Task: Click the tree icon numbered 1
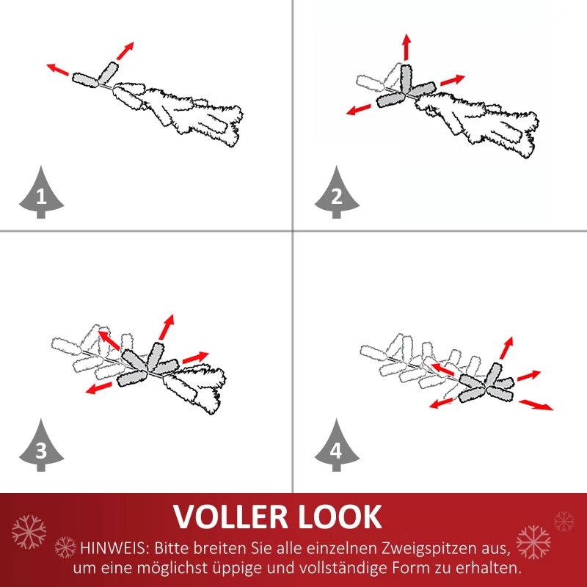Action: (40, 193)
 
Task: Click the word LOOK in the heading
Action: (347, 517)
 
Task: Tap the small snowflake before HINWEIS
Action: (66, 547)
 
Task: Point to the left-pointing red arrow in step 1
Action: (58, 70)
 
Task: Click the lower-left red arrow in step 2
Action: (359, 110)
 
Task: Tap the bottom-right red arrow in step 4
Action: (536, 404)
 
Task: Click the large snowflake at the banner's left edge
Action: (29, 531)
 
